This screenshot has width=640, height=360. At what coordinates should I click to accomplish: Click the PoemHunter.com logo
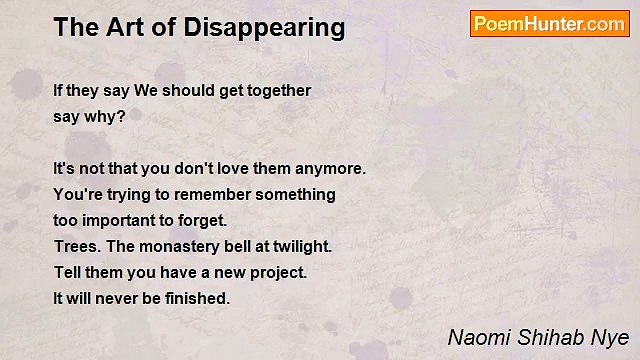549,24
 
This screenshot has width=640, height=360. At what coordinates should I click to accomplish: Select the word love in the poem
223,168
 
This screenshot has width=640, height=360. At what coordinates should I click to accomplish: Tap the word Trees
76,246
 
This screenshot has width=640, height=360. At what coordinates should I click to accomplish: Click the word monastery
176,246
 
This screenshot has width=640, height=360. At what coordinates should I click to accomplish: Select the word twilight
300,246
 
